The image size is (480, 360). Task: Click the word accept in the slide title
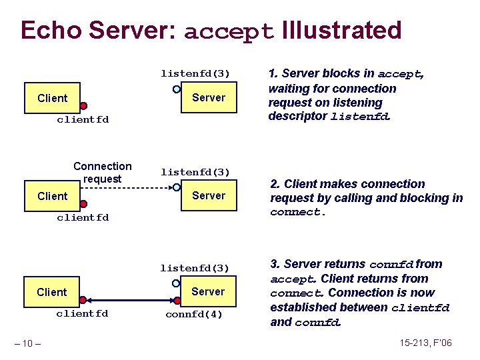tap(229, 31)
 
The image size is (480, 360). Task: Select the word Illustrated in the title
tap(342, 30)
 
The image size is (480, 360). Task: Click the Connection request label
tap(103, 172)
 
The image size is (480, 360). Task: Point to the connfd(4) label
tap(194, 313)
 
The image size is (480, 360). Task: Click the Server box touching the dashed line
tap(209, 195)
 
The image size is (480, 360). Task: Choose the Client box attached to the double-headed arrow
tap(52, 292)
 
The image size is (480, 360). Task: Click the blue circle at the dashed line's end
tap(176, 187)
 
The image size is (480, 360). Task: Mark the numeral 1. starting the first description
tap(273, 74)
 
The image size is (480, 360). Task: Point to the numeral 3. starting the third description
tap(275, 264)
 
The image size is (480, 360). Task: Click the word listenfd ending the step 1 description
tap(359, 117)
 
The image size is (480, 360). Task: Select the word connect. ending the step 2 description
tap(298, 213)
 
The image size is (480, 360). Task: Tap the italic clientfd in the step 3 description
tap(421, 308)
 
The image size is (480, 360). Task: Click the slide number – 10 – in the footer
tap(27, 343)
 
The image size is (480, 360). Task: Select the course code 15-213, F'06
tap(425, 343)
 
